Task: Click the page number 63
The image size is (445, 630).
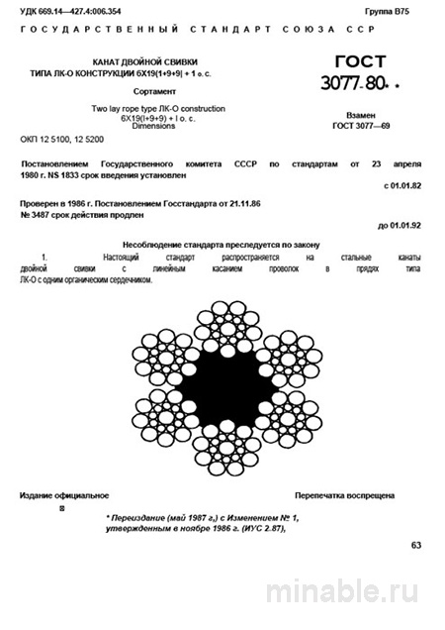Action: [415, 545]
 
